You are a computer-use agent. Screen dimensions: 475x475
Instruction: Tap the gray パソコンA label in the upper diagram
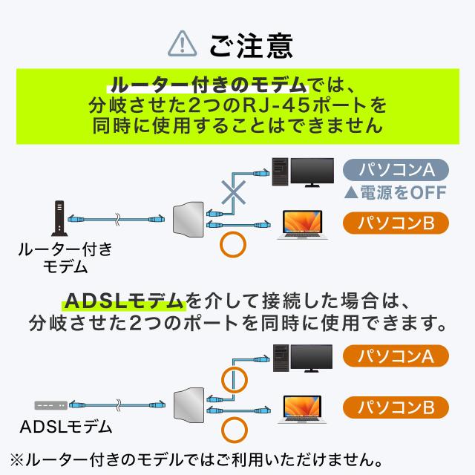(x=395, y=170)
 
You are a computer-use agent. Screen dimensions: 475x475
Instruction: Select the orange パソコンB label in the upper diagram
(x=395, y=222)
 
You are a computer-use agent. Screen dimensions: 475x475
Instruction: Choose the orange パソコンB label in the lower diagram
(x=395, y=407)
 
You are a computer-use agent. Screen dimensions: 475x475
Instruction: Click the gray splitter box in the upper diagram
(x=186, y=220)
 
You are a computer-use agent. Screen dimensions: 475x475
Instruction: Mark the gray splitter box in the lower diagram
(x=186, y=405)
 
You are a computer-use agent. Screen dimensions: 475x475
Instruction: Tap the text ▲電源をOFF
(x=395, y=194)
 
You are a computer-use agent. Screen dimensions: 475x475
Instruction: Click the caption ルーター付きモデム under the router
(x=65, y=258)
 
